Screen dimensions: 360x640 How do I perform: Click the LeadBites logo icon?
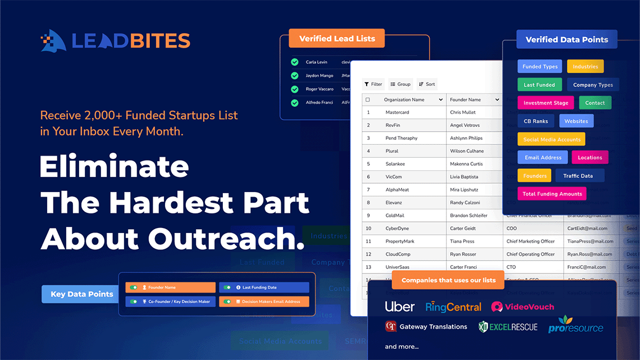pyautogui.click(x=53, y=40)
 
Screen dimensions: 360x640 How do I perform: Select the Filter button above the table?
pyautogui.click(x=373, y=84)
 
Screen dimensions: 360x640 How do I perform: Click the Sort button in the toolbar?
pyautogui.click(x=427, y=84)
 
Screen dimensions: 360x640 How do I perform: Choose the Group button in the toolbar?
pyautogui.click(x=400, y=84)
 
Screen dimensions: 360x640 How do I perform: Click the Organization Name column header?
pyautogui.click(x=404, y=99)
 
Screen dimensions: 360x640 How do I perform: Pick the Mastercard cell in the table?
pyautogui.click(x=397, y=112)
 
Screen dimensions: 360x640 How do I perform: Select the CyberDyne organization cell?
pyautogui.click(x=397, y=229)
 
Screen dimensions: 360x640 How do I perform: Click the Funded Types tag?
pyautogui.click(x=540, y=66)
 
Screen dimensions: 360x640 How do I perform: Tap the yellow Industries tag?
pyautogui.click(x=585, y=66)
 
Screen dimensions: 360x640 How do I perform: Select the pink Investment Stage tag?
pyautogui.click(x=546, y=103)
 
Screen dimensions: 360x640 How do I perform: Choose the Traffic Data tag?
pyautogui.click(x=578, y=176)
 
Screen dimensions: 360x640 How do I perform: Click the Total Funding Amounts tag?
pyautogui.click(x=552, y=194)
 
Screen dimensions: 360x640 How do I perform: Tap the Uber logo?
pyautogui.click(x=400, y=307)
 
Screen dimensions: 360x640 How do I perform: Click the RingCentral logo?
pyautogui.click(x=453, y=307)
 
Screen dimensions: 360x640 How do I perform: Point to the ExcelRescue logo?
pyautogui.click(x=508, y=327)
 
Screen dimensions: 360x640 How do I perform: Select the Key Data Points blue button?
pyautogui.click(x=82, y=294)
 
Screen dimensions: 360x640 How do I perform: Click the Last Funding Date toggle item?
pyautogui.click(x=264, y=288)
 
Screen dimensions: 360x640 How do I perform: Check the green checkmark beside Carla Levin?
pyautogui.click(x=294, y=62)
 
